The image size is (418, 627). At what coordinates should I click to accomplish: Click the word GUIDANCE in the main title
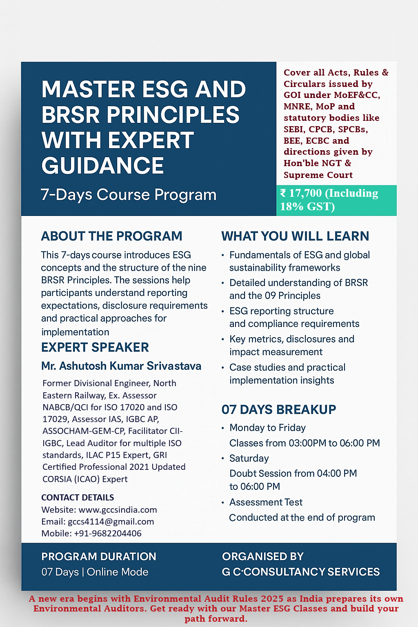pyautogui.click(x=102, y=166)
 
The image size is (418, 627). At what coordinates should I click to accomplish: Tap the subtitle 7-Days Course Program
pyautogui.click(x=129, y=195)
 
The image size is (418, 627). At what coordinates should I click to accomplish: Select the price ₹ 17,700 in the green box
pyautogui.click(x=301, y=193)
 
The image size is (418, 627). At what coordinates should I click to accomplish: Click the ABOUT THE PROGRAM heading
pyautogui.click(x=111, y=236)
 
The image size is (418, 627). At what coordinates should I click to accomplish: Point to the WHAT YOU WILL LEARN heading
pyautogui.click(x=295, y=236)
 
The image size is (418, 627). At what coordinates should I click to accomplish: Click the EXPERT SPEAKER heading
pyautogui.click(x=95, y=347)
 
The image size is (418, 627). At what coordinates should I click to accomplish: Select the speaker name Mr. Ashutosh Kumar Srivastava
pyautogui.click(x=121, y=366)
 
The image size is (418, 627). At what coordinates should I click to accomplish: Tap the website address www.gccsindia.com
pyautogui.click(x=118, y=510)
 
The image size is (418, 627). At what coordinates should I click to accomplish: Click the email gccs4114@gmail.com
pyautogui.click(x=111, y=522)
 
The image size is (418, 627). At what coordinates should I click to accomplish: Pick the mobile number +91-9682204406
pyautogui.click(x=108, y=534)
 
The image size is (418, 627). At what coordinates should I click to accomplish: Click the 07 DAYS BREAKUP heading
pyautogui.click(x=279, y=409)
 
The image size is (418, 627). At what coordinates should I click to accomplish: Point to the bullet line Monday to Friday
pyautogui.click(x=267, y=428)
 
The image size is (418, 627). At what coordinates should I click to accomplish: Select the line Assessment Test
pyautogui.click(x=266, y=502)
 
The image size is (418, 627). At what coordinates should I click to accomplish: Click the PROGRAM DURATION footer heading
pyautogui.click(x=99, y=556)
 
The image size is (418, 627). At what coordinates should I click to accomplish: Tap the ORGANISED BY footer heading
pyautogui.click(x=263, y=556)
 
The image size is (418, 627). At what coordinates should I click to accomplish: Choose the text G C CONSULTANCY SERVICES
pyautogui.click(x=301, y=572)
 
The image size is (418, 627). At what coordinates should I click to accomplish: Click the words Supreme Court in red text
pyautogui.click(x=318, y=175)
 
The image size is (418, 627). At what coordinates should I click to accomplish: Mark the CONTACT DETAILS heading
pyautogui.click(x=78, y=498)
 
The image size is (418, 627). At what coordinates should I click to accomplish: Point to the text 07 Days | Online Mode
pyautogui.click(x=95, y=572)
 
